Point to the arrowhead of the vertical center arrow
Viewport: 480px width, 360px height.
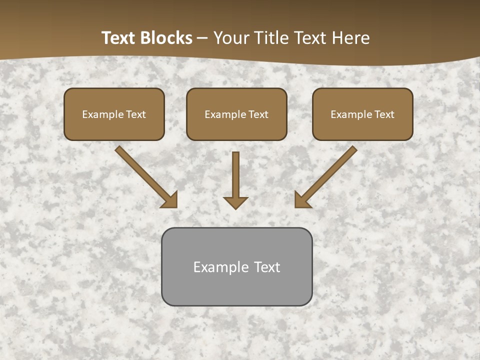(x=235, y=202)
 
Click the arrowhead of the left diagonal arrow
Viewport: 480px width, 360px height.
(x=170, y=200)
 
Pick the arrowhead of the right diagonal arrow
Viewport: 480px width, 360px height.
(x=302, y=200)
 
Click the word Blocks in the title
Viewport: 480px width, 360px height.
(x=166, y=38)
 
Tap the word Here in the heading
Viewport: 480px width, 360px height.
(x=351, y=38)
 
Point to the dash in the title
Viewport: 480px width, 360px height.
(x=202, y=38)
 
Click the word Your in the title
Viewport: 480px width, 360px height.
(x=230, y=38)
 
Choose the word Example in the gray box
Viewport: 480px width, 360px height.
(x=221, y=267)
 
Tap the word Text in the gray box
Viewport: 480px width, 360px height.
(x=267, y=267)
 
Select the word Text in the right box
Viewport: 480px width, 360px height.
(x=384, y=114)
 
